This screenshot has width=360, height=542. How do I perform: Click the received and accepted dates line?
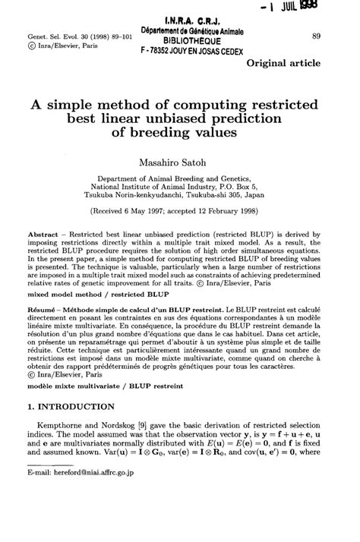tap(180, 214)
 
